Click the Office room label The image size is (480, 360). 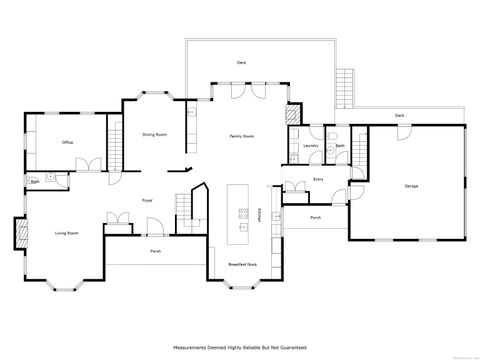(x=68, y=143)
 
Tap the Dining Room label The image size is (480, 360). (x=154, y=134)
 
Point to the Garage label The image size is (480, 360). (x=411, y=186)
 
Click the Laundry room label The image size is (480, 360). (x=310, y=145)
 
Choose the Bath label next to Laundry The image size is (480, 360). (x=340, y=145)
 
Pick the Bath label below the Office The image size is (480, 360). (x=35, y=182)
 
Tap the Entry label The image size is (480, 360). (x=318, y=180)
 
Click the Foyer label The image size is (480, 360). (x=147, y=200)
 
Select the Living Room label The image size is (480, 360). (x=67, y=233)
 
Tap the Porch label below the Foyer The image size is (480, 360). (x=155, y=251)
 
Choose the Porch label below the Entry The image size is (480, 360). (x=315, y=216)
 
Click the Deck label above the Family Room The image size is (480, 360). (x=241, y=62)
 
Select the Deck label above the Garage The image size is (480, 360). (x=400, y=115)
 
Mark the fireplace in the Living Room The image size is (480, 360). (x=19, y=234)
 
